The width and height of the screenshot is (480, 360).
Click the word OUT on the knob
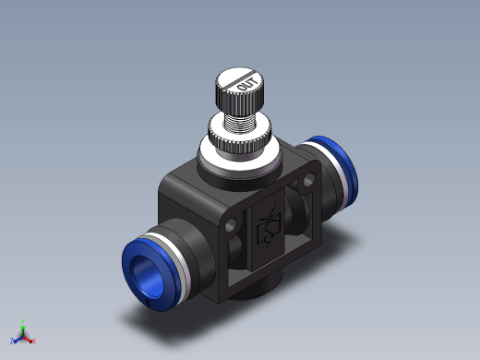(247, 84)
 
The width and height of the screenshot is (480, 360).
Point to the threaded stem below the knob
(240, 124)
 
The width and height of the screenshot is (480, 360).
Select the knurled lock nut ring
(240, 142)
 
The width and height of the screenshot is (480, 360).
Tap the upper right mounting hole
(308, 180)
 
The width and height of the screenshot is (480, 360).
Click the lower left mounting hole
(231, 224)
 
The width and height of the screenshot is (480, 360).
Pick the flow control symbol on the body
(270, 225)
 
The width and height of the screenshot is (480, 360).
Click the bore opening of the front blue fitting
(148, 276)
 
